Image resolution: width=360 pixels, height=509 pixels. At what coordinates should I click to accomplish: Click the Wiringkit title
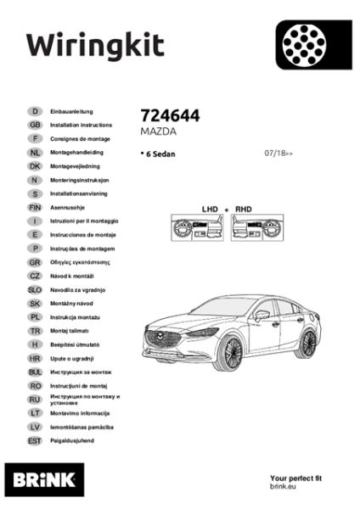pyautogui.click(x=96, y=47)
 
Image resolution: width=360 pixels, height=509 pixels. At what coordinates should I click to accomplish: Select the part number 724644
pyautogui.click(x=170, y=115)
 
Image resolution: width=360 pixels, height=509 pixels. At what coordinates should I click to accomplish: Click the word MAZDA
pyautogui.click(x=158, y=131)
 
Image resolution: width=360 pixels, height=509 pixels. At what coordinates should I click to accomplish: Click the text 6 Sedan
pyautogui.click(x=160, y=154)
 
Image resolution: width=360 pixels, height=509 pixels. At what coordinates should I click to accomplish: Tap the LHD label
pyautogui.click(x=210, y=209)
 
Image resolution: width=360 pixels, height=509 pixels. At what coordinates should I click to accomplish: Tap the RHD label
pyautogui.click(x=244, y=209)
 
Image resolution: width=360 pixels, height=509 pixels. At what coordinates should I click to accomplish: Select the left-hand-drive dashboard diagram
pyautogui.click(x=197, y=227)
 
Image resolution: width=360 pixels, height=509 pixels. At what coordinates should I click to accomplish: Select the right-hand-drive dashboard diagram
pyautogui.click(x=257, y=227)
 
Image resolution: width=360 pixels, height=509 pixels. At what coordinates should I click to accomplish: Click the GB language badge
pyautogui.click(x=35, y=125)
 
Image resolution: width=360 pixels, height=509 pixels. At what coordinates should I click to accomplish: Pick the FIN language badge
pyautogui.click(x=35, y=208)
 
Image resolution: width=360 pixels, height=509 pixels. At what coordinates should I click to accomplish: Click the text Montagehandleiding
pyautogui.click(x=76, y=152)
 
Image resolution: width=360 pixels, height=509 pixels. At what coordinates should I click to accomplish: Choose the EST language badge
pyautogui.click(x=35, y=441)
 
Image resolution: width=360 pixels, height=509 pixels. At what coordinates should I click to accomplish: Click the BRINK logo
pyautogui.click(x=44, y=480)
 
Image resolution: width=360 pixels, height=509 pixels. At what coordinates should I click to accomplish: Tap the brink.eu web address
pyautogui.click(x=283, y=486)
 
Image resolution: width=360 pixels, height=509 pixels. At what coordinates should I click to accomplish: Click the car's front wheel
pyautogui.click(x=230, y=354)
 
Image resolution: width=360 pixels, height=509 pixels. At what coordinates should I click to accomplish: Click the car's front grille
pyautogui.click(x=163, y=338)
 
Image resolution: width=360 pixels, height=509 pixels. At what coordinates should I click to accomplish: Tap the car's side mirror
pyautogui.click(x=262, y=315)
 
